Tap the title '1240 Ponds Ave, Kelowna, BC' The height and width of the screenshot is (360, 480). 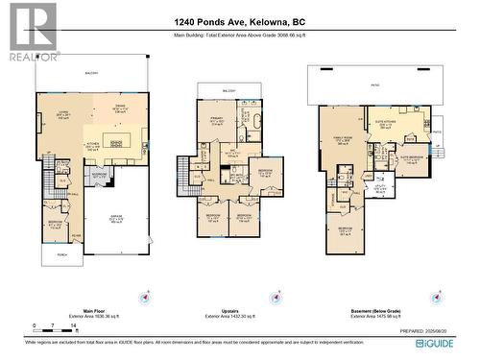240,20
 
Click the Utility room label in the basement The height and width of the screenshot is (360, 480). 381,190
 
